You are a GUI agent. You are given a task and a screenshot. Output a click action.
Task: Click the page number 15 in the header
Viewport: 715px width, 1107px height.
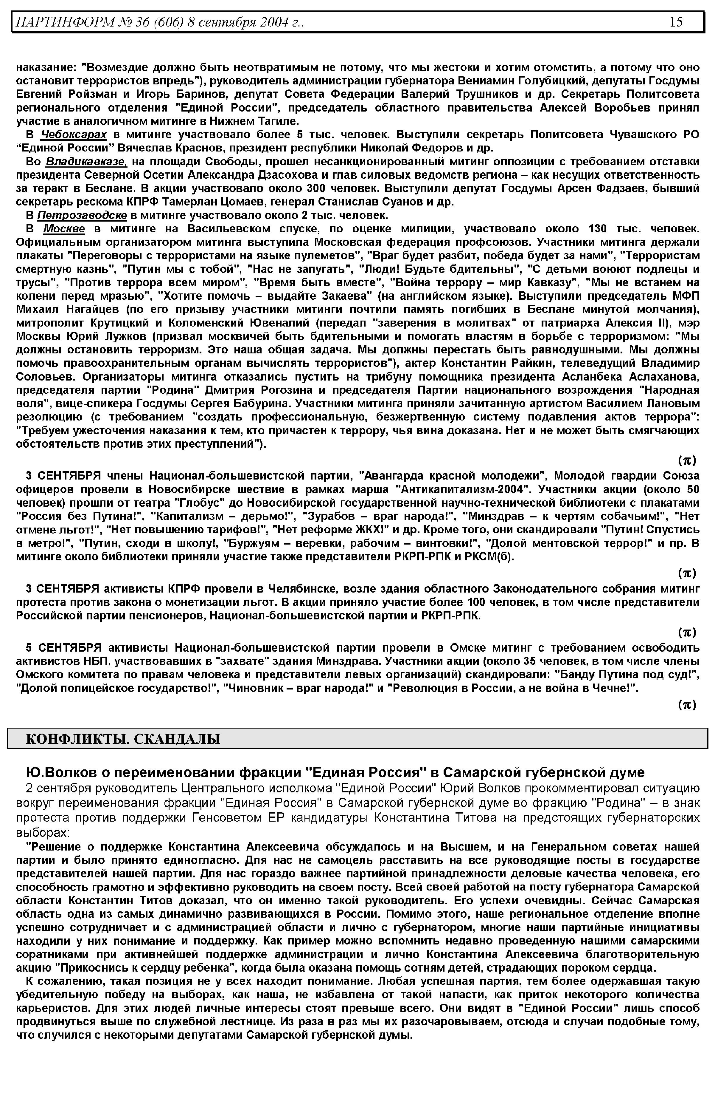coord(676,22)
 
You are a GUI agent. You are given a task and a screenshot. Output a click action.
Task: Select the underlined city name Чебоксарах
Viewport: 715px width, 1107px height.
coord(74,135)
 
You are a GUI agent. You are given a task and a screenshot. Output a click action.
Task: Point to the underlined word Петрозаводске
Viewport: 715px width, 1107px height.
coord(82,216)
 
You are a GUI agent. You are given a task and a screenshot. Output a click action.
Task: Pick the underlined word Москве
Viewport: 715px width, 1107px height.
coord(64,229)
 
